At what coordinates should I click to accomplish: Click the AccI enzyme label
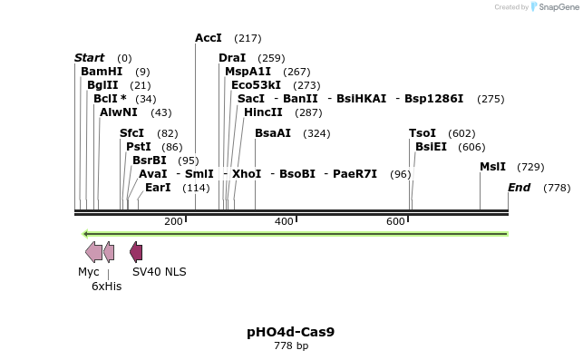click(209, 38)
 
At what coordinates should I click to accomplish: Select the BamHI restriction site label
click(102, 71)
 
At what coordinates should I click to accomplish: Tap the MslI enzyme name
click(493, 167)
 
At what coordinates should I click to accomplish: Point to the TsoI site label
click(423, 133)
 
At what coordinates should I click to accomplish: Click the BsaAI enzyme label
click(273, 133)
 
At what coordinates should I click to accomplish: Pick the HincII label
click(263, 112)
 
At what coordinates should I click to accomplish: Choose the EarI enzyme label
click(158, 188)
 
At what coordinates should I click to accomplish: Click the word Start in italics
click(89, 58)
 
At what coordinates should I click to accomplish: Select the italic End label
click(520, 188)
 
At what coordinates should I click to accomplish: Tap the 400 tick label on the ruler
click(284, 222)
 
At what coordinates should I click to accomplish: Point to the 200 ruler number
click(173, 222)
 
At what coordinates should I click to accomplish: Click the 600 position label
click(395, 222)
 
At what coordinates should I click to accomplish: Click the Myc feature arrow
click(93, 252)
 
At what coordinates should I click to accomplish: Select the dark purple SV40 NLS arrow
click(136, 252)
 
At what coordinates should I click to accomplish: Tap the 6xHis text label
click(106, 286)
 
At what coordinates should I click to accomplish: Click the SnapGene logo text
click(559, 7)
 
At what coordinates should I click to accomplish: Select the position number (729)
click(530, 167)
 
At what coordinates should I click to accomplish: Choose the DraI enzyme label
click(232, 58)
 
